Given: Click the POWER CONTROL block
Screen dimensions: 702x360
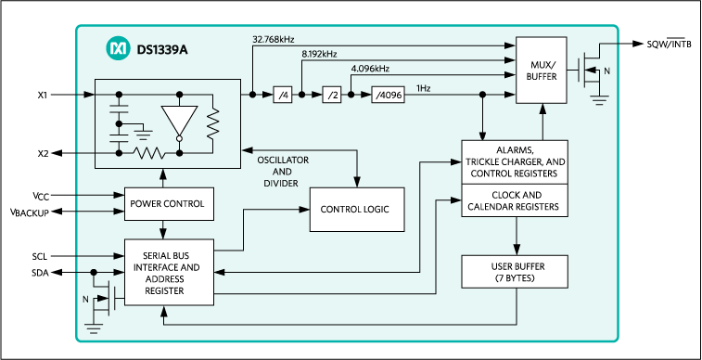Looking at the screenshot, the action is point(169,204).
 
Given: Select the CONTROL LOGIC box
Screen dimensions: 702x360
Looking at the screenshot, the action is point(357,210).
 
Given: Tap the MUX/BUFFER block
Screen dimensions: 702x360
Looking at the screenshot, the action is point(542,71).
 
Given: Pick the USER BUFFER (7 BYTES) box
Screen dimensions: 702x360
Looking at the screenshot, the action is point(515,272).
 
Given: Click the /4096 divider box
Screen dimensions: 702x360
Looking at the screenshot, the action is point(388,95).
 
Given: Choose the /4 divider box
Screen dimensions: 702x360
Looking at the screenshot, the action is point(283,95).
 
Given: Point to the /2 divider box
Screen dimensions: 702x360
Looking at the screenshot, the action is point(332,95).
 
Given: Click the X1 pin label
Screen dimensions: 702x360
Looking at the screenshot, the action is point(44,95).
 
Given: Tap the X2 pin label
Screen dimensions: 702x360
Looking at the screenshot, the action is point(44,153).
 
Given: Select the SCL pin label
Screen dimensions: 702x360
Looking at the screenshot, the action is point(39,257).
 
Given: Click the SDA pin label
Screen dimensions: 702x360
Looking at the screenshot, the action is point(40,272).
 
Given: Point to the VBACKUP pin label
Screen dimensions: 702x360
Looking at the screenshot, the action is point(30,212).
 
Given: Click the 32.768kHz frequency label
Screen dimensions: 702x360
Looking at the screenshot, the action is point(273,39).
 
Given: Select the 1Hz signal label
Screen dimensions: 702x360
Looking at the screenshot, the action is point(424,88).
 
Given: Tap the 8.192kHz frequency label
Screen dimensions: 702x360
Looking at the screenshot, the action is point(319,54).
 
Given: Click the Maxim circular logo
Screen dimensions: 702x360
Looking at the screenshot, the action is point(118,48).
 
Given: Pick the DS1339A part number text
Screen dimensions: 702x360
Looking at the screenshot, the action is point(162,49).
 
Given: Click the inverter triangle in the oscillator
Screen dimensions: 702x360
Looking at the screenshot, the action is point(180,121).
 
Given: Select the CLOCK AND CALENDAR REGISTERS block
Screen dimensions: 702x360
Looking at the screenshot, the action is point(515,200).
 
